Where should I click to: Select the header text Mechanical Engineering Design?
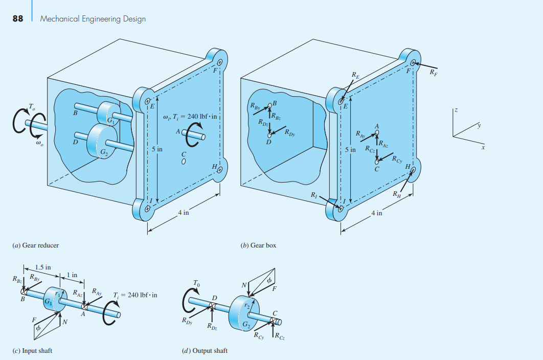point(93,19)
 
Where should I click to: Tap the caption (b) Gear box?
point(258,245)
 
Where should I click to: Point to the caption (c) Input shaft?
point(33,350)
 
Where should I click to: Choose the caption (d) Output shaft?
point(205,350)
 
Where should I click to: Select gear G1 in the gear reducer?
point(108,113)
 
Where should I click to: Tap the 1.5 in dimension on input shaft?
point(43,267)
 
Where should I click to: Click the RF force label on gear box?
point(434,72)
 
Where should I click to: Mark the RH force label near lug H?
point(397,194)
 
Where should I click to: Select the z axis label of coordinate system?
point(455,110)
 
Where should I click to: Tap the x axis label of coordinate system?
point(482,148)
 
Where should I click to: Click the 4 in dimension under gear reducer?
point(183,213)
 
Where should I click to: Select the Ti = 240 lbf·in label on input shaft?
point(135,295)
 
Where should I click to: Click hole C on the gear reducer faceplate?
point(184,162)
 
